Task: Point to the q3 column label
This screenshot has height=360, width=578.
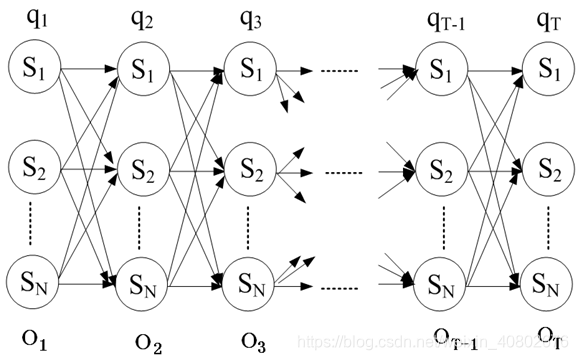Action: click(x=250, y=17)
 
